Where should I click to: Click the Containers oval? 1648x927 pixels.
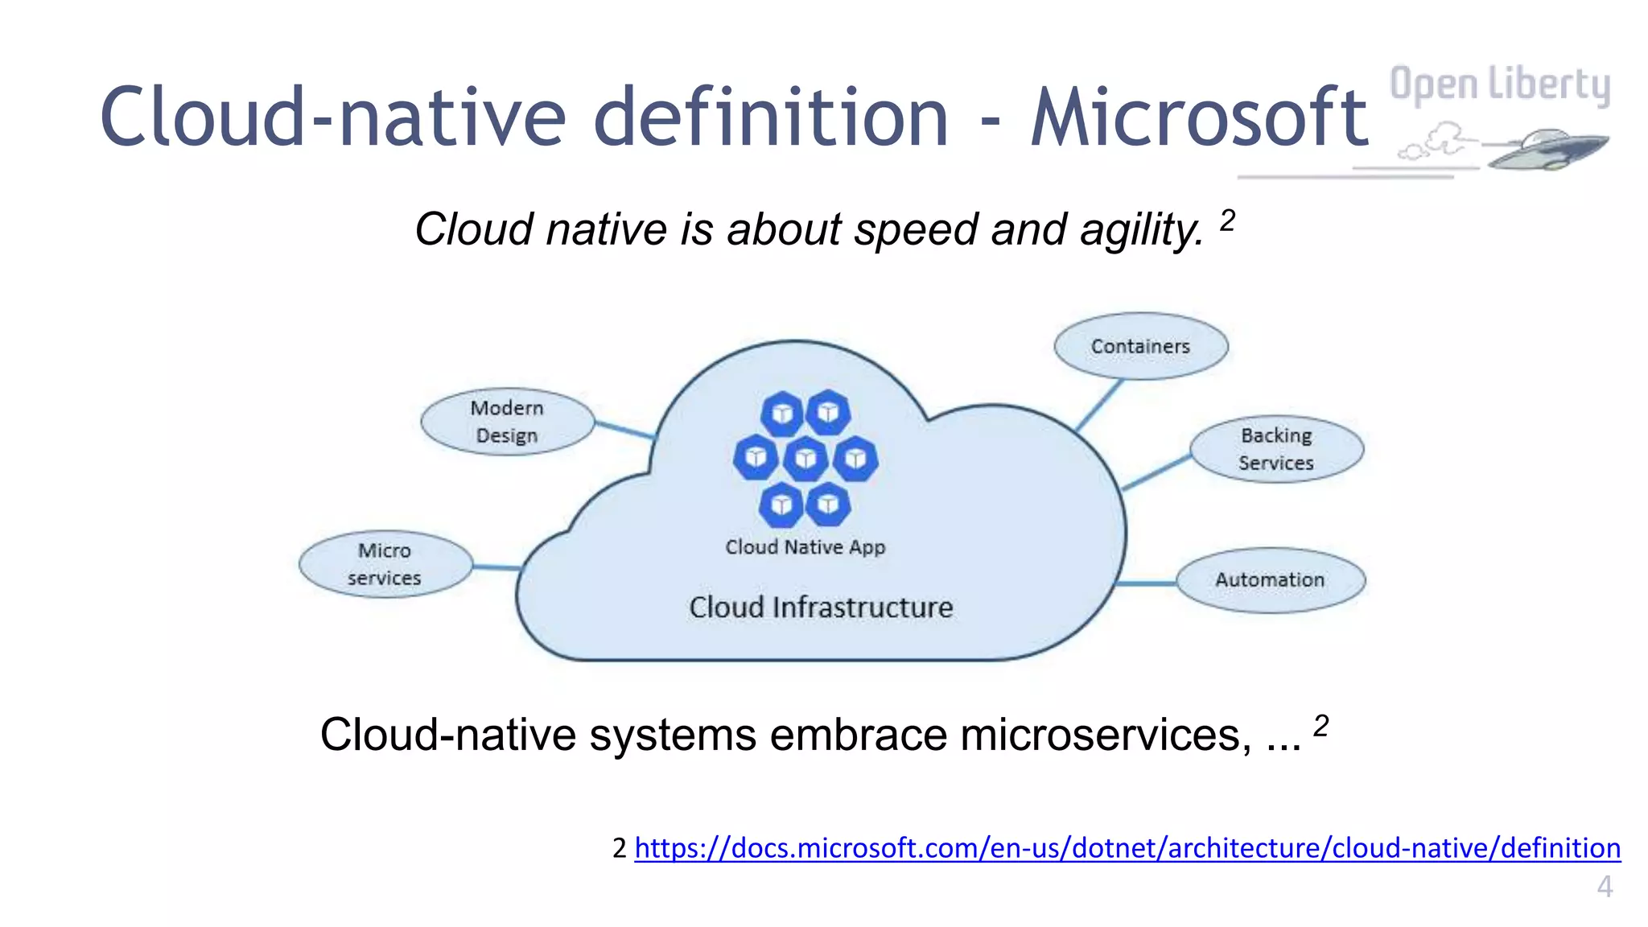coord(1140,346)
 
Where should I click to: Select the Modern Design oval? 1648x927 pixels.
coord(507,422)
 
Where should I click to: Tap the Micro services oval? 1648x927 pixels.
coord(385,564)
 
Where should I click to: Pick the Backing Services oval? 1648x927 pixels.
coord(1276,449)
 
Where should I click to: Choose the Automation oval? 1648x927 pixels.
coord(1270,580)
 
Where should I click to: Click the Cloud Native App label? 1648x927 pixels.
coord(805,547)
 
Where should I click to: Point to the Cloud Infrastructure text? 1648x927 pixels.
coord(821,608)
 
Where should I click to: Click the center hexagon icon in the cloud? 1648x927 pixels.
coord(805,459)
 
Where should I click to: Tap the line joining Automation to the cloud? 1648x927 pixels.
coord(1146,583)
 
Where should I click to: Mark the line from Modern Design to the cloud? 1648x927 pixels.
coord(625,430)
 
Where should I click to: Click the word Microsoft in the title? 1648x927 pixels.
coord(1199,119)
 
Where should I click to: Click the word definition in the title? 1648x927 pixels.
coord(771,119)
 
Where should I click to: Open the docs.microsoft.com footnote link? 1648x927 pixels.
coord(1127,848)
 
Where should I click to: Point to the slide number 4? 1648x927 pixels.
coord(1605,887)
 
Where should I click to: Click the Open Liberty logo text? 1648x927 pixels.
coord(1500,85)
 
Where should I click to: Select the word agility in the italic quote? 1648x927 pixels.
coord(1141,230)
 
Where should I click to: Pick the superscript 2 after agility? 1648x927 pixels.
coord(1227,219)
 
